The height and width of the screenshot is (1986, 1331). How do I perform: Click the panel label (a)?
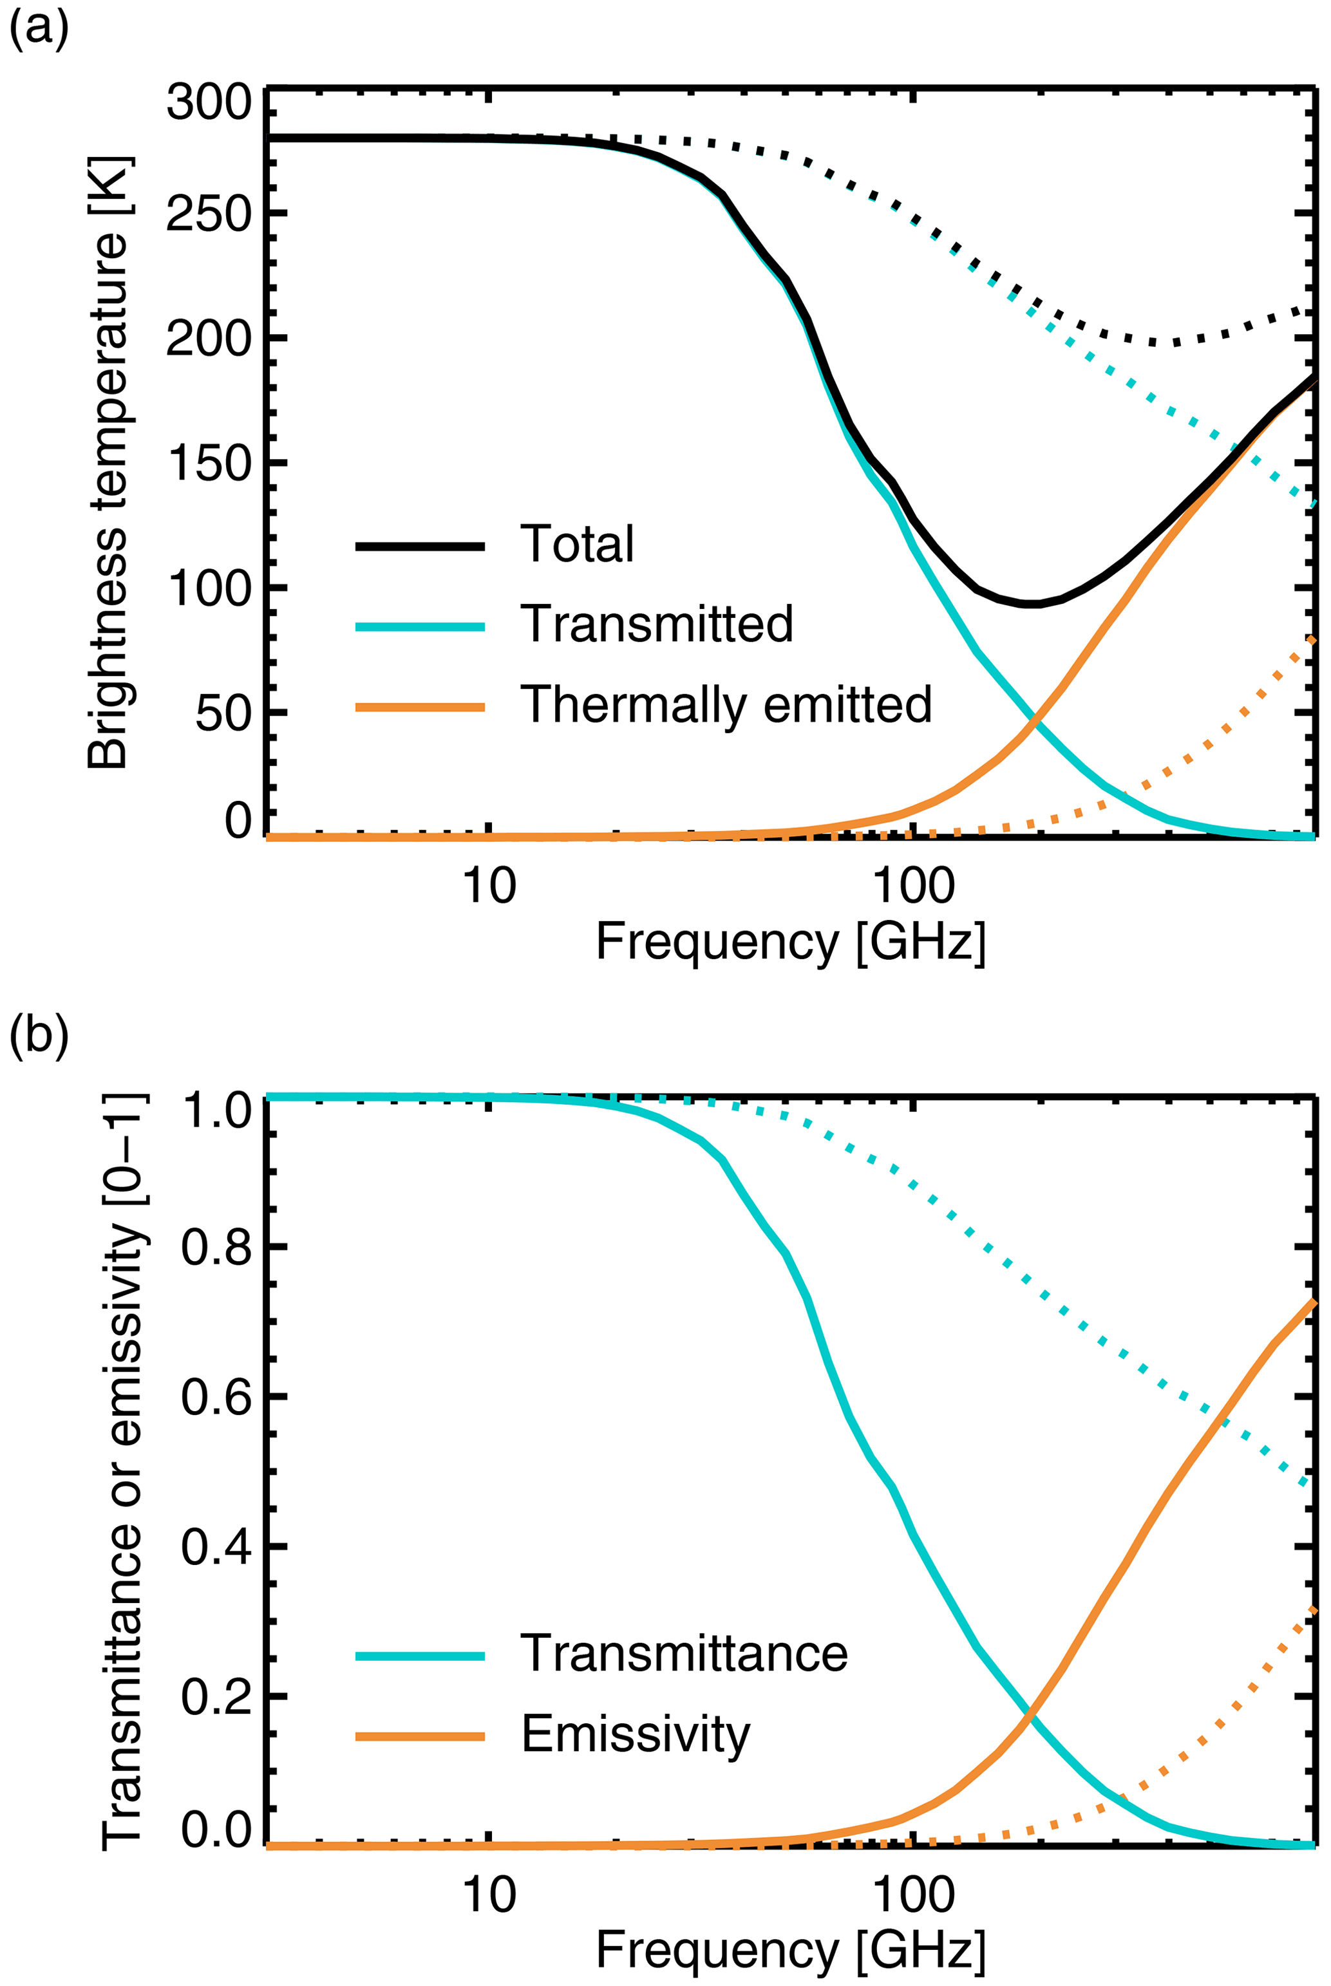tap(38, 32)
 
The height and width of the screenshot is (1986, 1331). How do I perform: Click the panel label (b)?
tap(38, 1037)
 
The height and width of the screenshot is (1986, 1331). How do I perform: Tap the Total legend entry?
tap(577, 544)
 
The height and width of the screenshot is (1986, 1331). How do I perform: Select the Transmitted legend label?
tap(657, 624)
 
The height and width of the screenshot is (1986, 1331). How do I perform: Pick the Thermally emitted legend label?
tap(726, 704)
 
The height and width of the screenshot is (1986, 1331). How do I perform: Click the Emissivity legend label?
tap(636, 1734)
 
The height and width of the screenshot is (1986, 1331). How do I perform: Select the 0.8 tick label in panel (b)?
tap(217, 1247)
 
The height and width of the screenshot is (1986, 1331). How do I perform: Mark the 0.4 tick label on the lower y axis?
tap(217, 1546)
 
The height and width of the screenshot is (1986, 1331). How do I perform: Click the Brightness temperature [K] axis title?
tap(109, 463)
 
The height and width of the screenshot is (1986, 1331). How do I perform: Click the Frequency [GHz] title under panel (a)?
tap(790, 941)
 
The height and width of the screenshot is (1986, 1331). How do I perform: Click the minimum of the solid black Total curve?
tap(1032, 604)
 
